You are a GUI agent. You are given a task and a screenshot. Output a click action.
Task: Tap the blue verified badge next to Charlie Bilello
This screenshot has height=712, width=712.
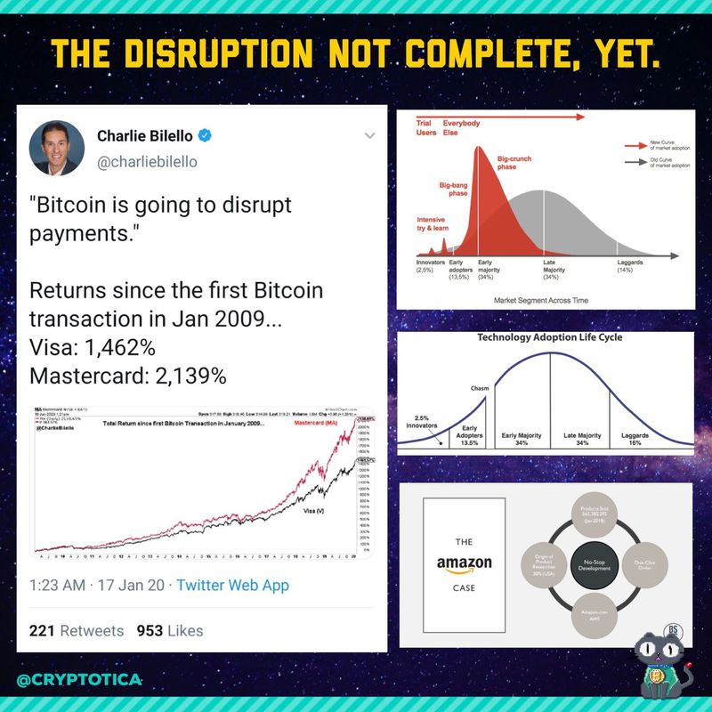[204, 136]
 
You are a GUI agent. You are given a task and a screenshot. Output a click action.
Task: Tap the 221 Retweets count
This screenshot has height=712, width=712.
[77, 630]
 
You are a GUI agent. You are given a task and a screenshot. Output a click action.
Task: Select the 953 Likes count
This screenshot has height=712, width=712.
[169, 630]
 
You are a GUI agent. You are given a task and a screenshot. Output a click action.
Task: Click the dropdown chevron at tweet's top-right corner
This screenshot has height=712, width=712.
[370, 135]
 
